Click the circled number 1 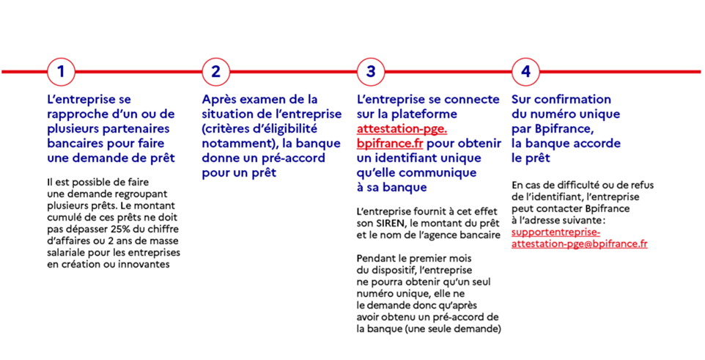pos(61,72)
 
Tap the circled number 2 pos(215,72)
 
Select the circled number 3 pos(371,72)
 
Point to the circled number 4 pos(525,72)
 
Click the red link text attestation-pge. pos(402,129)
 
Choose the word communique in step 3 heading pos(438,173)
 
